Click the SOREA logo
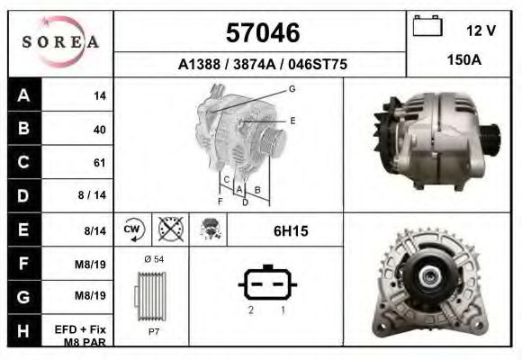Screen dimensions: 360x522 [x=60, y=42]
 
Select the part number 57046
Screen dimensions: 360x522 [x=262, y=33]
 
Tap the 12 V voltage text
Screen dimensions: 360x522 [x=481, y=31]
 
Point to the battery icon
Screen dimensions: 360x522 [x=427, y=28]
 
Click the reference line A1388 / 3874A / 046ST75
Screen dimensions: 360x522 [x=262, y=65]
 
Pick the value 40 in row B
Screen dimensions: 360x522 [x=99, y=130]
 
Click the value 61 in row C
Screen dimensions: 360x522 [x=99, y=163]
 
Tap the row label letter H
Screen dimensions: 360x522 [x=23, y=329]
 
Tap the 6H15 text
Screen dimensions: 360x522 [x=291, y=231]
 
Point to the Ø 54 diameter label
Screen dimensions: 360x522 [x=155, y=259]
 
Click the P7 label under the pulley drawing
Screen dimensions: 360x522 [x=153, y=331]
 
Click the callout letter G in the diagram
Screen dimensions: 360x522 [x=292, y=88]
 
